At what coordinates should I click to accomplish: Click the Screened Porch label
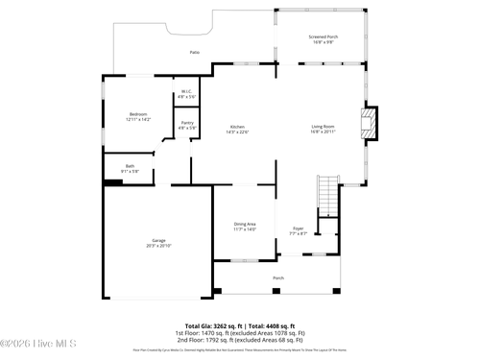[x=323, y=36]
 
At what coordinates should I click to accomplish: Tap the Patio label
[x=194, y=52]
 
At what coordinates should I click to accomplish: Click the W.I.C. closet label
[x=186, y=93]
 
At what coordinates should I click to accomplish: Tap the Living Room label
[x=323, y=127]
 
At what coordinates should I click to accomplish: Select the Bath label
[x=116, y=166]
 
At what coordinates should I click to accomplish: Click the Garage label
[x=158, y=239]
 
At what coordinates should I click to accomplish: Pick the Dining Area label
[x=245, y=224]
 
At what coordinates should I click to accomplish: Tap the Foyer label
[x=299, y=228]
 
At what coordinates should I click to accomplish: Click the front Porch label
[x=278, y=278]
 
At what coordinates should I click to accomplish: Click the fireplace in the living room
[x=368, y=123]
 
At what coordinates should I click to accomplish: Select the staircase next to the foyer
[x=329, y=196]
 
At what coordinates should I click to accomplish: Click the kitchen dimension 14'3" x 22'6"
[x=238, y=132]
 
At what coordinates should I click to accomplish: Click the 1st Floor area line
[x=239, y=333]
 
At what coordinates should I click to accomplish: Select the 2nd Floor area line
[x=239, y=340]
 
